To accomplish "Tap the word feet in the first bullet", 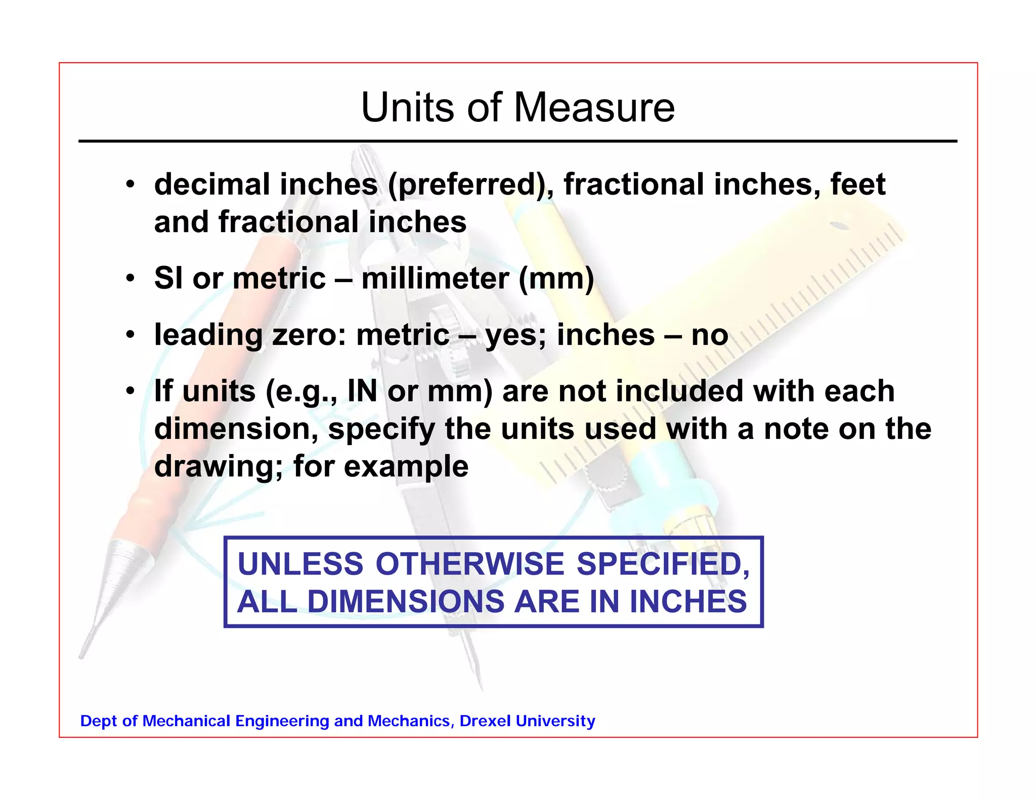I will coord(858,184).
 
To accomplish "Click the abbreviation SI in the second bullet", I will coord(169,278).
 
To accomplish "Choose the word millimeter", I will coord(435,278).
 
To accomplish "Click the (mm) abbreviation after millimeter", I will coord(556,278).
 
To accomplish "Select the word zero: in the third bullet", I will coord(309,335).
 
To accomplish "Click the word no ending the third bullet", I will coord(710,335).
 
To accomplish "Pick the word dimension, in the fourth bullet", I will coord(236,429).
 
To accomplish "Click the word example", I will coord(406,466).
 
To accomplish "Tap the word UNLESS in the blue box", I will coord(300,564).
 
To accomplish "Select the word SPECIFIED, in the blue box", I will coord(663,564).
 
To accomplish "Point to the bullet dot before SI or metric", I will coord(131,278).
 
